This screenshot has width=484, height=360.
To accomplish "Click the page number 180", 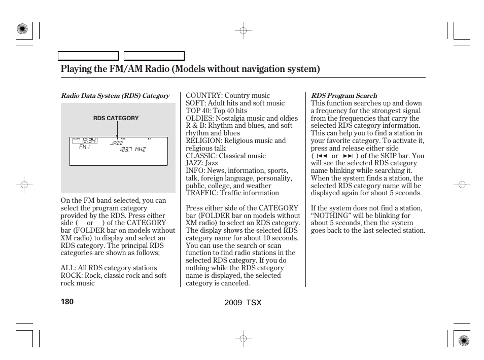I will coord(67,302).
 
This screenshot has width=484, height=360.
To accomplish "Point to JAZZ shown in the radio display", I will coord(117,143).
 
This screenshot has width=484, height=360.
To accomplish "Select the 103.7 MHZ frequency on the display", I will coord(132,150).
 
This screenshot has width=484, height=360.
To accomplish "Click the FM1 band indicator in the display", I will coord(84,147).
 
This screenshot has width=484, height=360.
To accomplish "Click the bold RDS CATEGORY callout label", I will coord(116,118).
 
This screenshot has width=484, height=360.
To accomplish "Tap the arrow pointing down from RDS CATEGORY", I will coord(117,131).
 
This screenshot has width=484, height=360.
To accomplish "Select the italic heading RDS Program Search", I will coord(344,95).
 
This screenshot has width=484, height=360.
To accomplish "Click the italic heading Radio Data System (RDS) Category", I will coord(115,95).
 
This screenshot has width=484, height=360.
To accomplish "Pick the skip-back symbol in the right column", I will coord(321,156).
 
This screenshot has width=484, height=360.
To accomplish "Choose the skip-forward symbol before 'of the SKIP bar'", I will coord(348,156).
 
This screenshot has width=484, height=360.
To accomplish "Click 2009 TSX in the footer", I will coord(243,302).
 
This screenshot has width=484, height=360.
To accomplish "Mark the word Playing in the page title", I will coord(76,69).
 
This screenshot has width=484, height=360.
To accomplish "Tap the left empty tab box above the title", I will coord(88,56).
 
